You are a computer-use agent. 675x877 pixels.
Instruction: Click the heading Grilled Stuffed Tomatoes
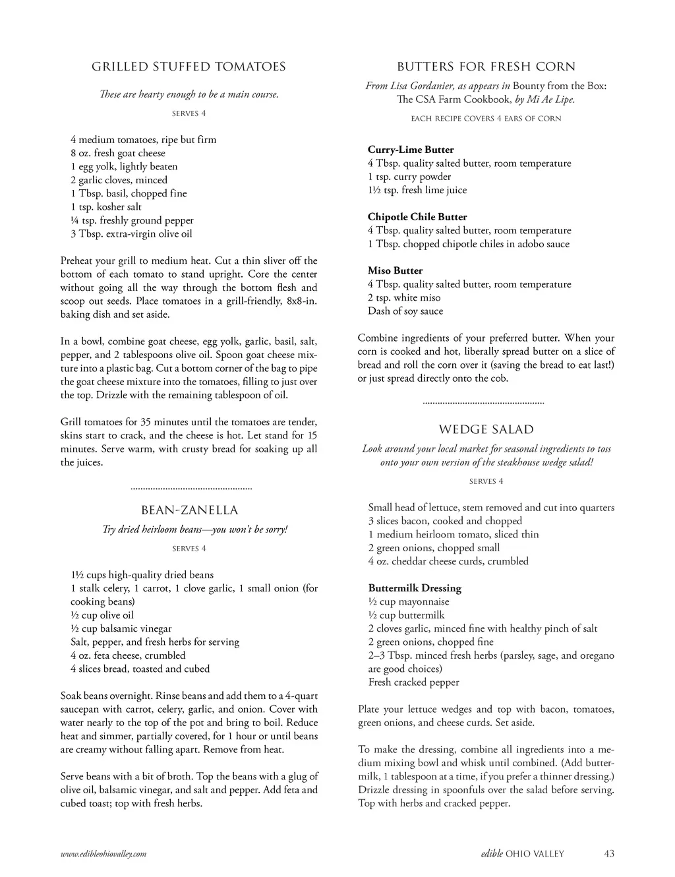[x=189, y=67]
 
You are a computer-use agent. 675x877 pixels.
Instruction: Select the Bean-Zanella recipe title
[x=189, y=510]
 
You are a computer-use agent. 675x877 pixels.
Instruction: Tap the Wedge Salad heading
[x=486, y=430]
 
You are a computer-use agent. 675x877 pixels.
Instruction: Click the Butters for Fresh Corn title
[x=486, y=67]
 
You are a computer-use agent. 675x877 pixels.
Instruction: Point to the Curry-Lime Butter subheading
[x=411, y=150]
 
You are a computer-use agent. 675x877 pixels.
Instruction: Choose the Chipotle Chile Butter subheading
[x=417, y=217]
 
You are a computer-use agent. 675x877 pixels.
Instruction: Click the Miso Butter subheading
[x=395, y=270]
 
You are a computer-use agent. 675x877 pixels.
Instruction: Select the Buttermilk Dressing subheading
[x=415, y=588]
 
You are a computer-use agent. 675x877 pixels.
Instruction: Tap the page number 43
[x=608, y=854]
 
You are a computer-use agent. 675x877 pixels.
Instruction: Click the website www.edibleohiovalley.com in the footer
[x=103, y=854]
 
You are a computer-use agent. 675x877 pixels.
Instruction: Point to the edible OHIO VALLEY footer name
[x=522, y=854]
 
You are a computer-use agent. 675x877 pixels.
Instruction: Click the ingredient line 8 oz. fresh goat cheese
[x=118, y=153]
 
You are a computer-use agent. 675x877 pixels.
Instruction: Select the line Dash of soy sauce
[x=405, y=311]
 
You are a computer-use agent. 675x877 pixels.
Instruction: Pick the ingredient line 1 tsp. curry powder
[x=409, y=177]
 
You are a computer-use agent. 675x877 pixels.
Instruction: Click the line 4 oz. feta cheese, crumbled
[x=128, y=655]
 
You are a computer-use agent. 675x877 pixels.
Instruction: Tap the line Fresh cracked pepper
[x=414, y=682]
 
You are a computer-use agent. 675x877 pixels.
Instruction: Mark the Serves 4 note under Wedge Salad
[x=486, y=481]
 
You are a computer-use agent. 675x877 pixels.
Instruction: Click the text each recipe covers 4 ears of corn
[x=486, y=119]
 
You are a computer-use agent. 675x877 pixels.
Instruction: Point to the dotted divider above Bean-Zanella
[x=192, y=489]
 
